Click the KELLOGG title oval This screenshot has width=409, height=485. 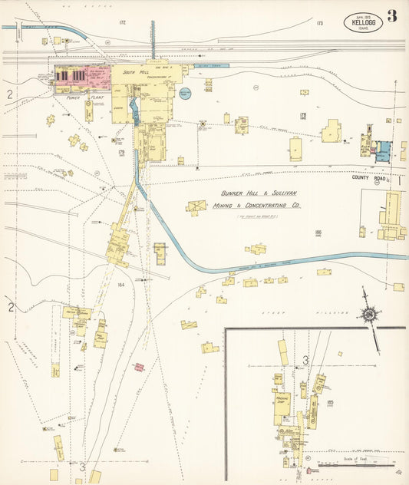point(361,21)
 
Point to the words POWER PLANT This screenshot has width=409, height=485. point(85,98)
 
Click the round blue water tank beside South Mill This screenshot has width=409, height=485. point(184,94)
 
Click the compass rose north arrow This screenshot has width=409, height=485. point(368,313)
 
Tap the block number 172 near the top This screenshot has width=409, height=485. point(122,23)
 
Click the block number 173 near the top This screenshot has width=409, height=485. point(319,23)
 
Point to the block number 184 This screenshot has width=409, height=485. point(120,285)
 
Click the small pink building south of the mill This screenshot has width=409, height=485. point(139,367)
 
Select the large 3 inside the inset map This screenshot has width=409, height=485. point(305,360)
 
